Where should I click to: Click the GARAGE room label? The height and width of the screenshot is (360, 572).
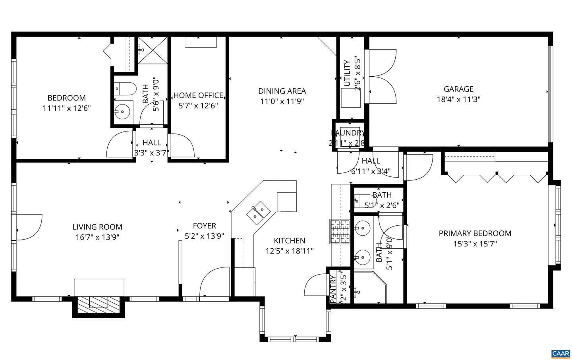(x=458, y=89)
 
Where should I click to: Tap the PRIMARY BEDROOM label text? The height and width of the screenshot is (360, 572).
(x=475, y=233)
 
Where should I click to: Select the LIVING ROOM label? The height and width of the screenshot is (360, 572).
(x=97, y=227)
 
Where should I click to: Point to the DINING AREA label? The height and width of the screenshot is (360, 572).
(x=282, y=91)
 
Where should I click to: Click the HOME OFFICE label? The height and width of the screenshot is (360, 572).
(x=198, y=95)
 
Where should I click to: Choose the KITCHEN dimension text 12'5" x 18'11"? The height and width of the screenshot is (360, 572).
(x=290, y=251)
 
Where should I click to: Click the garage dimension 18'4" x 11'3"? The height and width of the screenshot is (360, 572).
(x=458, y=99)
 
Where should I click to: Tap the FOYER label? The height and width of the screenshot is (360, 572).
(x=204, y=226)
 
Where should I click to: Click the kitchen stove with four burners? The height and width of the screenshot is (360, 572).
(x=339, y=231)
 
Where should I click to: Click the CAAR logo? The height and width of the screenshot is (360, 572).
(x=560, y=353)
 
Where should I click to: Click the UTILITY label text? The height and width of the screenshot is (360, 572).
(x=347, y=74)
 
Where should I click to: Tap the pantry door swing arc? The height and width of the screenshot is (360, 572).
(x=315, y=285)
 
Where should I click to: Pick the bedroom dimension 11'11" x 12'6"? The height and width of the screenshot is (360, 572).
(x=67, y=108)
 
